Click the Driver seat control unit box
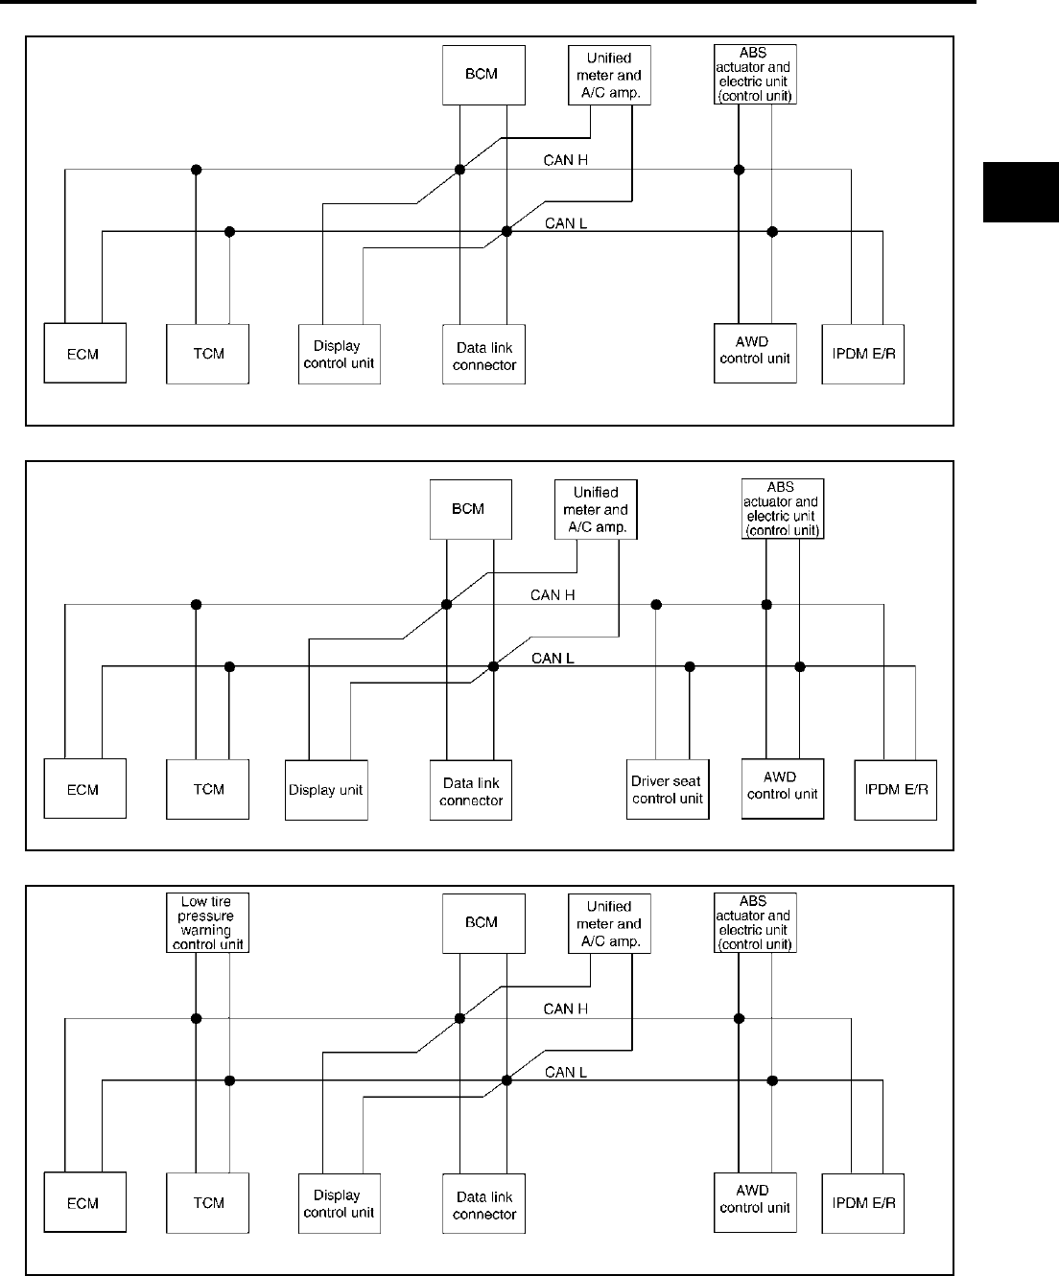(668, 790)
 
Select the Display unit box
(326, 790)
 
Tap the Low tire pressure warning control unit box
(207, 922)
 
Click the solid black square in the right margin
(1021, 192)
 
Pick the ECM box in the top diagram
(84, 354)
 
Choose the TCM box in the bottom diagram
(208, 1203)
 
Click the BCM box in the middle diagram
(468, 509)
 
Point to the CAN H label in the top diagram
(566, 160)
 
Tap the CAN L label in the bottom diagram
(566, 1072)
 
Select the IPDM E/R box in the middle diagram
(895, 790)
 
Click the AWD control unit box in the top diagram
(755, 353)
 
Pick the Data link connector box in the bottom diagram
(484, 1204)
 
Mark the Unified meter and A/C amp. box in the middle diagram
(596, 509)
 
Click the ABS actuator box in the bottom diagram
(755, 922)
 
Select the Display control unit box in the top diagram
(339, 355)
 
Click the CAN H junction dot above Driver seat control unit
(656, 605)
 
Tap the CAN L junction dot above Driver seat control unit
(690, 666)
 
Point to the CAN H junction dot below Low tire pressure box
(197, 1018)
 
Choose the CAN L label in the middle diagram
(553, 658)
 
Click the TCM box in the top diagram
(208, 354)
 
